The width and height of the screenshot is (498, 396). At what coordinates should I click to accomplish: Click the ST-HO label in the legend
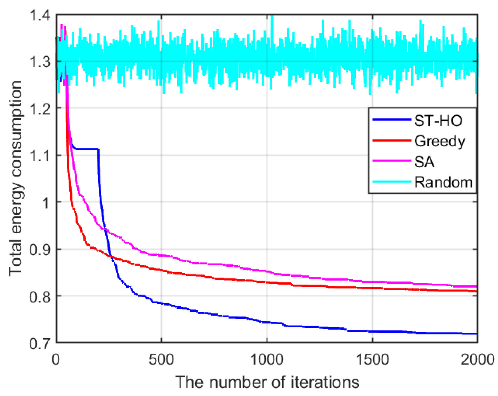point(438,120)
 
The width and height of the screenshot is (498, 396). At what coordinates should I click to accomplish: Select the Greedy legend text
point(439,141)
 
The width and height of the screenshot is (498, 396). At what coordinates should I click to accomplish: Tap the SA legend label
point(424,162)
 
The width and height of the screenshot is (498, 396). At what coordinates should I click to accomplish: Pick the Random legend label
point(443,182)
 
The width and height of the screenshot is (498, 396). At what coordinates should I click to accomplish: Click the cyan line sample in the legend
point(392,182)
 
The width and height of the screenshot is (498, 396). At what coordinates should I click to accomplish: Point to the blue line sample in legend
point(392,120)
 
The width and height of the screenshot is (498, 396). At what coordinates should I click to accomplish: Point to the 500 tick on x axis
point(161,359)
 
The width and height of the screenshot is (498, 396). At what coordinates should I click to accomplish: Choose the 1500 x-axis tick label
point(372,359)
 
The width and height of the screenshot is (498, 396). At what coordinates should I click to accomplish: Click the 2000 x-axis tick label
point(477,359)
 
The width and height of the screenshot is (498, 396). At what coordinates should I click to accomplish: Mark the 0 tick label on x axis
point(56,359)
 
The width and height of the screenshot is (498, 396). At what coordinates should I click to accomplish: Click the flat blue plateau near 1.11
point(87,149)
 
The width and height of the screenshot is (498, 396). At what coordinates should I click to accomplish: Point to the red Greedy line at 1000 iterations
point(267,282)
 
